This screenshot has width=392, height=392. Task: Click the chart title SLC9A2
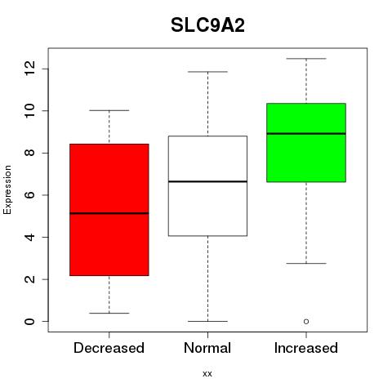coord(207,25)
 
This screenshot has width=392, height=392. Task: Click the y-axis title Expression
coord(7,189)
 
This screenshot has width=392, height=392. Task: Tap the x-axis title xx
coord(207,373)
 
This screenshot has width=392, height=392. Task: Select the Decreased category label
coord(109,348)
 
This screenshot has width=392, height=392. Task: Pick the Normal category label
coord(207,348)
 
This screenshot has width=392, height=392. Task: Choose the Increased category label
coord(306,348)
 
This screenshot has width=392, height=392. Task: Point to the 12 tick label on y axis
coord(29,69)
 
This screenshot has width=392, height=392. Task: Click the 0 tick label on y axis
coord(29,321)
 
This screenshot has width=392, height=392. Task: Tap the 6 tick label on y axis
coord(29,195)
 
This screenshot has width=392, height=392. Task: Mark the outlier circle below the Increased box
coord(306,322)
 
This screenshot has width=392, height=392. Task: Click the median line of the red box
coord(109,213)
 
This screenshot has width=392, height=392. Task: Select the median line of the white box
coord(207,181)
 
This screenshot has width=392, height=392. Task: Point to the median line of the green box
coord(306,134)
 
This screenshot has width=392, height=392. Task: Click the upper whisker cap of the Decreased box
coord(109,110)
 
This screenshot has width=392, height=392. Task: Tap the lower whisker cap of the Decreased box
coord(109,313)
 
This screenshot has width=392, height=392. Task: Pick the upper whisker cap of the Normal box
coord(207,72)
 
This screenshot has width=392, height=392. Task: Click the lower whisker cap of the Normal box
coord(207,321)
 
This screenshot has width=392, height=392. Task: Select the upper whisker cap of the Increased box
coord(306,59)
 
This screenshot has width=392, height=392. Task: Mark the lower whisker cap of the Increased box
coord(306,263)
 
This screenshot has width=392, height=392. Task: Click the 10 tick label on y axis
coord(29,111)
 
